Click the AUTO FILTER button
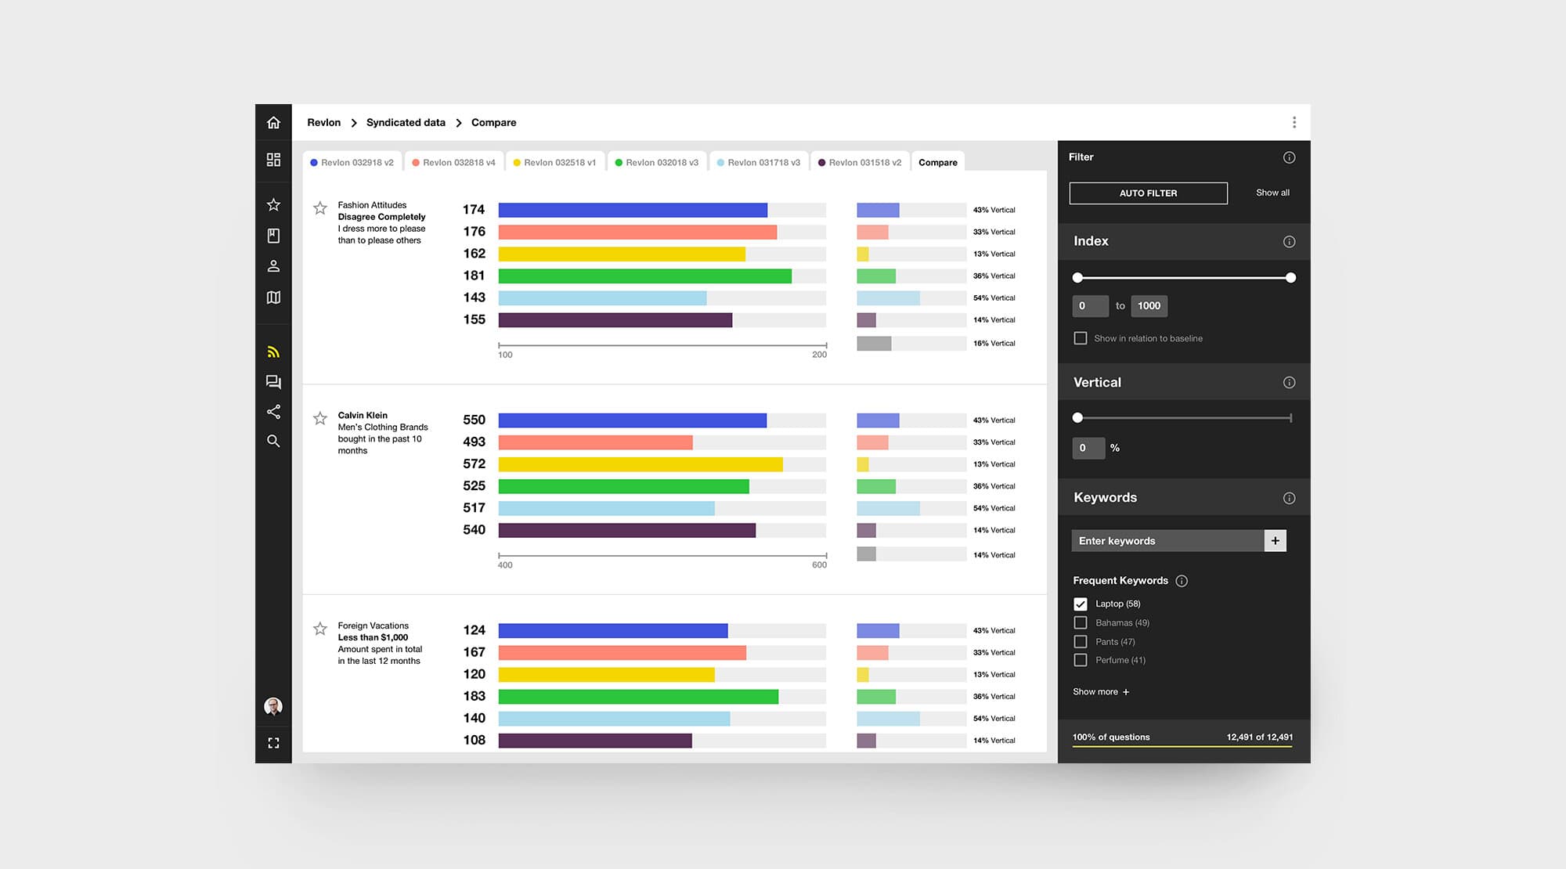[x=1148, y=193]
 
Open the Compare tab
[x=938, y=162]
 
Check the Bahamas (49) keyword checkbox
[x=1081, y=623]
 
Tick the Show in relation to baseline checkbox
[x=1081, y=338]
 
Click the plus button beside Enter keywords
[x=1276, y=541]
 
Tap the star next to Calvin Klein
[x=320, y=419]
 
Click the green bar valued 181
[x=644, y=276]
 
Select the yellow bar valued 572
[x=640, y=464]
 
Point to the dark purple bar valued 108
[x=595, y=741]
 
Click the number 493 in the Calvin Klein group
[x=474, y=442]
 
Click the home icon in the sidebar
[x=273, y=123]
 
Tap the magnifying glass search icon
[x=273, y=442]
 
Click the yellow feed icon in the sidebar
[x=273, y=352]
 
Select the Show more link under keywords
[x=1101, y=692]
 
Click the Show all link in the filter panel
[x=1272, y=193]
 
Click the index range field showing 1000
[x=1149, y=306]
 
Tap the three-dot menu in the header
[x=1294, y=123]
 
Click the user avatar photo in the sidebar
[x=273, y=707]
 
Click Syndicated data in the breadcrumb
[x=406, y=123]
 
